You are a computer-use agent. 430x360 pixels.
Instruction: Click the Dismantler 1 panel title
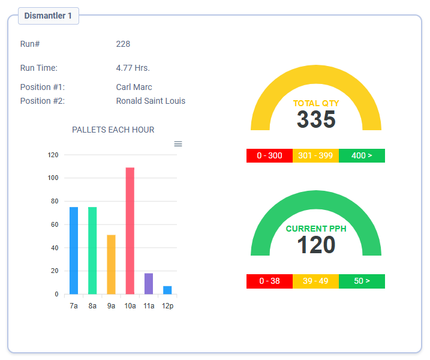(x=48, y=16)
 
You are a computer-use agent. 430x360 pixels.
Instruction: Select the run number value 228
(x=123, y=44)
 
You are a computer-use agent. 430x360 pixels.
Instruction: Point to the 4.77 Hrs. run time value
(x=133, y=68)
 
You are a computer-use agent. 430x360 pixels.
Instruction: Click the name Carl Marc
(x=134, y=87)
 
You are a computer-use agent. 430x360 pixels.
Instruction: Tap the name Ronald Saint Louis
(x=151, y=101)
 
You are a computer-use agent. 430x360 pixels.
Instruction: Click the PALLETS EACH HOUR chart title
(x=113, y=130)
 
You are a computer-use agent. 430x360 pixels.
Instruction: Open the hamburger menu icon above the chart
(x=178, y=143)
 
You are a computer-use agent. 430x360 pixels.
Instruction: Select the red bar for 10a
(x=130, y=231)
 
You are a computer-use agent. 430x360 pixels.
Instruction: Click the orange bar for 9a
(x=111, y=265)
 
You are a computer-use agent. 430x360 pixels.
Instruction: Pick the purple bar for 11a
(x=149, y=284)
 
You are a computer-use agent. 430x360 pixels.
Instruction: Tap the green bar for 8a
(x=92, y=251)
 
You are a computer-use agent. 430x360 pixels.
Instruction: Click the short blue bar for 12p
(x=167, y=290)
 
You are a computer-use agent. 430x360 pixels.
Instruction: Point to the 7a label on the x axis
(x=74, y=306)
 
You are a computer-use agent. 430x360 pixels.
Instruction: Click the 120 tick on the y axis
(x=53, y=155)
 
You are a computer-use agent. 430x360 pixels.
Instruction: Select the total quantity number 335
(x=316, y=119)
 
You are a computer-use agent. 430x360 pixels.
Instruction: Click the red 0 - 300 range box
(x=269, y=155)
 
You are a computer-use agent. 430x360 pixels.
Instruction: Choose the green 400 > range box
(x=362, y=155)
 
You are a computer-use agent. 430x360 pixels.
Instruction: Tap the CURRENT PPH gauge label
(x=316, y=229)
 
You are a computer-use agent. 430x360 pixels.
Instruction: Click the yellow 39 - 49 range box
(x=315, y=281)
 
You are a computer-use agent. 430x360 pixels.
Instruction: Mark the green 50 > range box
(x=362, y=281)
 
